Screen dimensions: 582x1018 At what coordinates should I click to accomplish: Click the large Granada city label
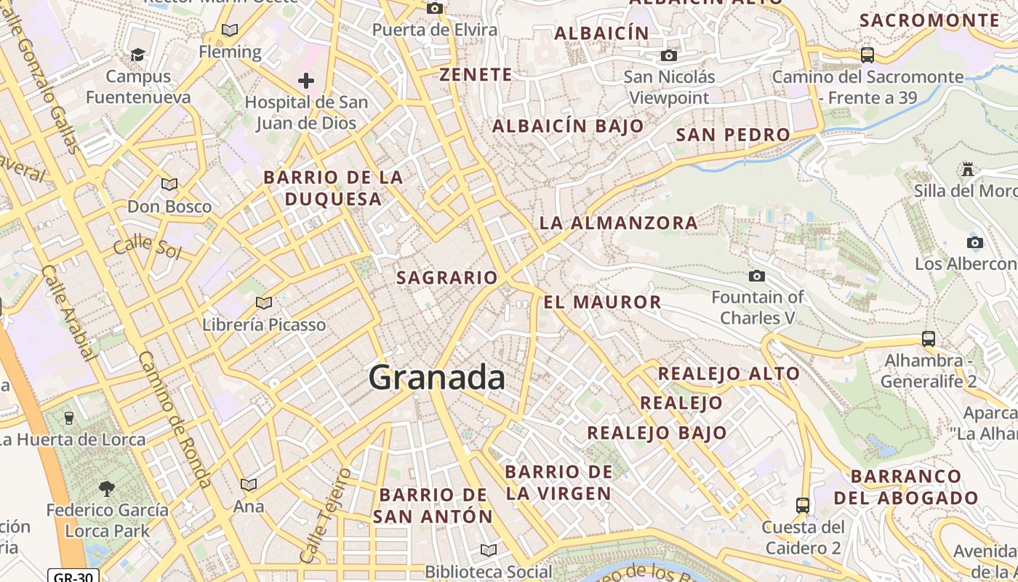pyautogui.click(x=436, y=378)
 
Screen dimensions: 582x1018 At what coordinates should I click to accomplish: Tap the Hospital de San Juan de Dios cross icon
pyautogui.click(x=306, y=80)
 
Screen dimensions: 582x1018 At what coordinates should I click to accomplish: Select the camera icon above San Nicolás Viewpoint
pyautogui.click(x=669, y=55)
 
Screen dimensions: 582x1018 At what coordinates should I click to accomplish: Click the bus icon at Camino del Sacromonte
pyautogui.click(x=867, y=55)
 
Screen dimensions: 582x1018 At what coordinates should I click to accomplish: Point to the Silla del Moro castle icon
pyautogui.click(x=967, y=170)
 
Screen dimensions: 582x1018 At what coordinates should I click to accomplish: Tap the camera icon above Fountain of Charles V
pyautogui.click(x=757, y=276)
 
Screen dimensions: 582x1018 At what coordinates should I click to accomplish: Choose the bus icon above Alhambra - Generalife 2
pyautogui.click(x=928, y=338)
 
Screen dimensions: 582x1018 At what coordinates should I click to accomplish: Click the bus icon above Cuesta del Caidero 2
pyautogui.click(x=803, y=505)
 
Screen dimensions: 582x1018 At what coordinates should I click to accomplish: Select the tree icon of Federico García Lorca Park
pyautogui.click(x=107, y=487)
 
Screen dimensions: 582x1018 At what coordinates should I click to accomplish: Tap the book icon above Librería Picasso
pyautogui.click(x=264, y=303)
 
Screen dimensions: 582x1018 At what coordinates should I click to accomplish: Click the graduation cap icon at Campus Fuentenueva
pyautogui.click(x=137, y=55)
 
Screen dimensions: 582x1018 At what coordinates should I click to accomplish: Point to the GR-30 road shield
pyautogui.click(x=73, y=575)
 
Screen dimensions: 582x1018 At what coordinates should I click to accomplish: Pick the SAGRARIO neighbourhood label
pyautogui.click(x=447, y=277)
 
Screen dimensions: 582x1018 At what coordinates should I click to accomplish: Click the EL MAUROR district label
pyautogui.click(x=603, y=302)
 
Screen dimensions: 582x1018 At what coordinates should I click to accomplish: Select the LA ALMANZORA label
pyautogui.click(x=619, y=223)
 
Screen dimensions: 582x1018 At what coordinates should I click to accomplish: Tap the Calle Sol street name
pyautogui.click(x=147, y=246)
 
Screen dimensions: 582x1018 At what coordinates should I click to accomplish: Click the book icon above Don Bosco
pyautogui.click(x=169, y=185)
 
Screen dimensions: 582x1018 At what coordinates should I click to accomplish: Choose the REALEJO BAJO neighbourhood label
pyautogui.click(x=657, y=432)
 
